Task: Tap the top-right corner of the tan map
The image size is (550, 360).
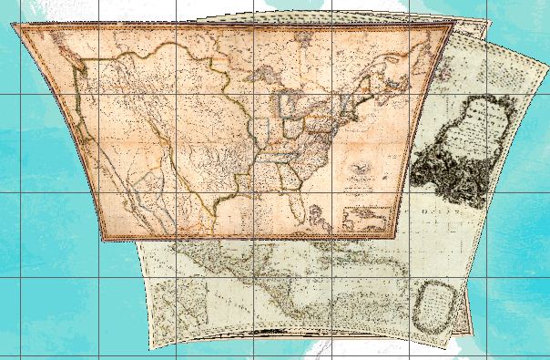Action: [453, 26]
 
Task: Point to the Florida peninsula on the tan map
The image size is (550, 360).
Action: [318, 216]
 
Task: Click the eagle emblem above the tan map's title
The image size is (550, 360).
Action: [362, 167]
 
